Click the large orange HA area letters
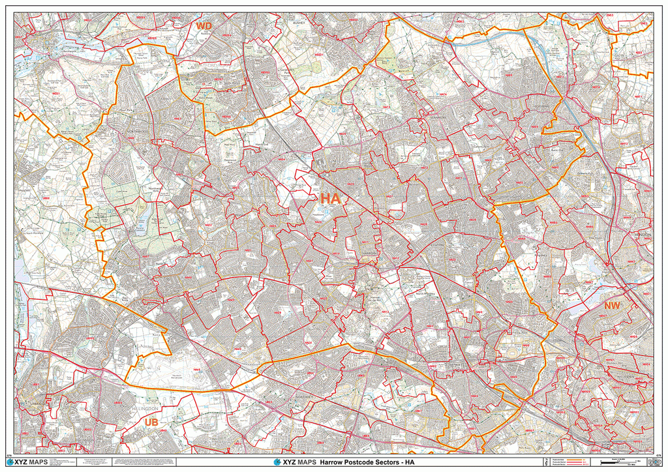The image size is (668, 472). [x=329, y=198]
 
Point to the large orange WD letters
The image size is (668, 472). [x=204, y=26]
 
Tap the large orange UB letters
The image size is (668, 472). [x=150, y=422]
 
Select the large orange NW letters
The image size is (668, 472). [x=613, y=305]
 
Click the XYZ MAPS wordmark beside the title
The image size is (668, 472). [x=294, y=462]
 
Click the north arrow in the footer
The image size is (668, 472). [x=545, y=462]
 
